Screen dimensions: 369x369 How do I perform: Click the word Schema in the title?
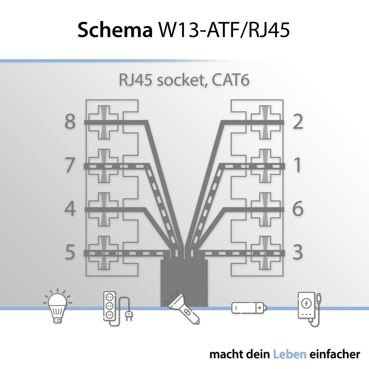(x=115, y=30)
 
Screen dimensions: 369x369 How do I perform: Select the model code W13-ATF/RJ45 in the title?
(x=224, y=30)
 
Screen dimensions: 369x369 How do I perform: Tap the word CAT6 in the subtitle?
(x=230, y=80)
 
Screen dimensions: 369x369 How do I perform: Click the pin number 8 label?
(x=70, y=122)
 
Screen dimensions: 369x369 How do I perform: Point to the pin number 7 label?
(x=70, y=165)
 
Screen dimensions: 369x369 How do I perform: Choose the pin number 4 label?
(x=70, y=209)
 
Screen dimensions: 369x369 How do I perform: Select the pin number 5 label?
(x=70, y=252)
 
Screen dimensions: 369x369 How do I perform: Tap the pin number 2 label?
(x=298, y=122)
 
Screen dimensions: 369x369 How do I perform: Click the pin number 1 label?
(x=297, y=165)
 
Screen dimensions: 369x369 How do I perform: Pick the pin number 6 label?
(x=298, y=209)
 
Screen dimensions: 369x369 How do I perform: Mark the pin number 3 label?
(x=298, y=252)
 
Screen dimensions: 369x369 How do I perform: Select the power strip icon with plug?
(x=115, y=308)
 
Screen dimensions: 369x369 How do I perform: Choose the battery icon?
(x=249, y=308)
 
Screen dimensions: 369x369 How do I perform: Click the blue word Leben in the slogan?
(x=290, y=355)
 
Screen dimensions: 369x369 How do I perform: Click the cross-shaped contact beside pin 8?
(x=104, y=122)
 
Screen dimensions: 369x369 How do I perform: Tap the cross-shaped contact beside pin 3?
(x=265, y=253)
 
